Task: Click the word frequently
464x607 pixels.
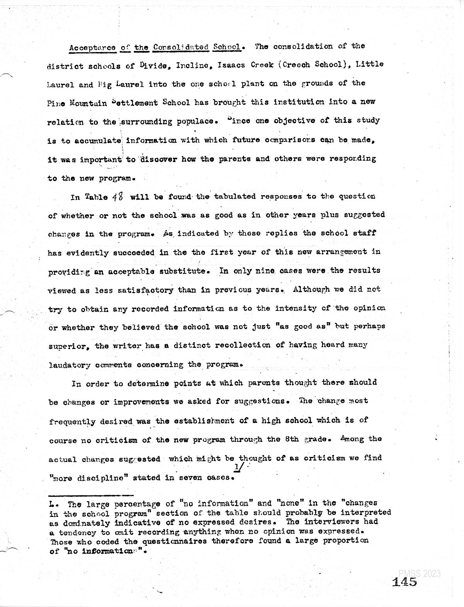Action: coord(72,421)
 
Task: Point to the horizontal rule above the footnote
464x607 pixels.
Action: coord(90,495)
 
